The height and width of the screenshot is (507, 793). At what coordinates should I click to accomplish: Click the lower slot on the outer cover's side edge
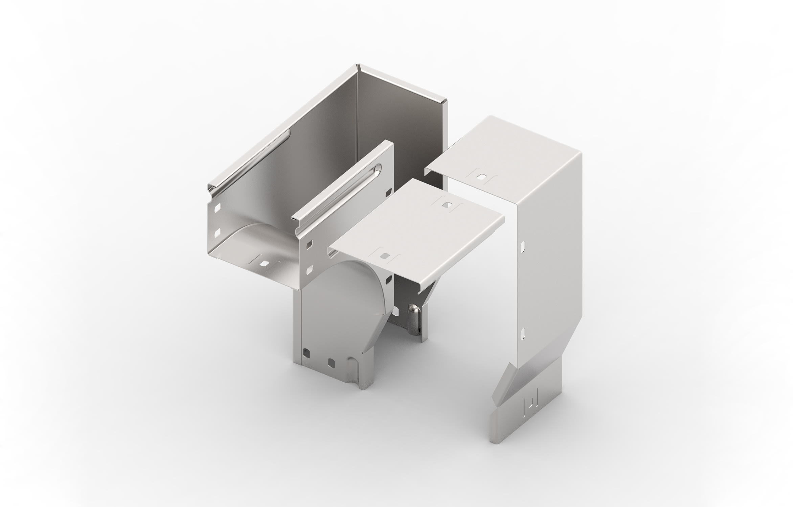pyautogui.click(x=523, y=333)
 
